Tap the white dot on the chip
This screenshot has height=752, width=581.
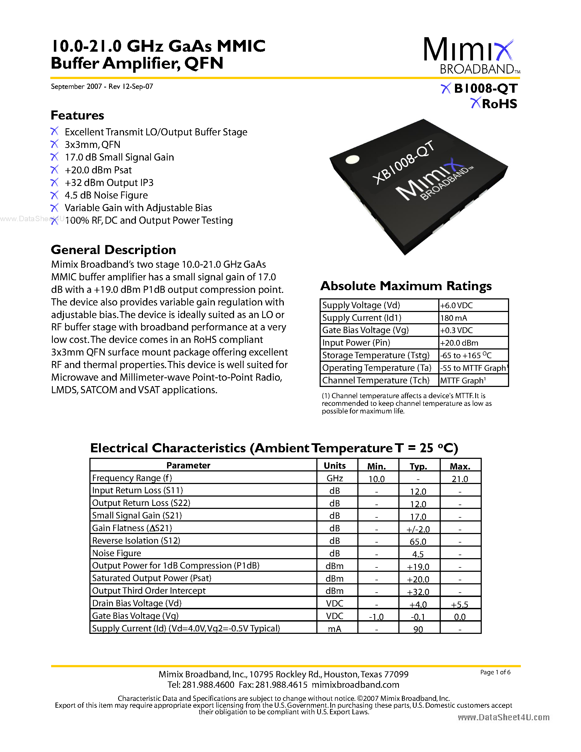352,159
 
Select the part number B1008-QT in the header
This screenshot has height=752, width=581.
485,89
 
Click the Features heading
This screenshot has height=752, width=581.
77,115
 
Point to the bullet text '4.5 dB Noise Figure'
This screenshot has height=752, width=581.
106,195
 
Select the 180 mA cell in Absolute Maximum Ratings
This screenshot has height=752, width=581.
454,318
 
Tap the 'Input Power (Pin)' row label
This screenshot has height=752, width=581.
356,343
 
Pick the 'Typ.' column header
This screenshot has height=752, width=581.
418,466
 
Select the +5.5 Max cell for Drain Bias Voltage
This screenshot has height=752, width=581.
460,604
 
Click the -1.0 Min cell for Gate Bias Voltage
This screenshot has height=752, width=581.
376,617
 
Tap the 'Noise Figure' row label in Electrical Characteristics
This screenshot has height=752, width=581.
117,553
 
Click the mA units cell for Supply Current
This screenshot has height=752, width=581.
335,629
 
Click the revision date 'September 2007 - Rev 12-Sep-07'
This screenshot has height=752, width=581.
102,86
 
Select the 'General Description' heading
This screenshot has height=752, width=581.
113,250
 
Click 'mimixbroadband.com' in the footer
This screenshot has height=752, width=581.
355,684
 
